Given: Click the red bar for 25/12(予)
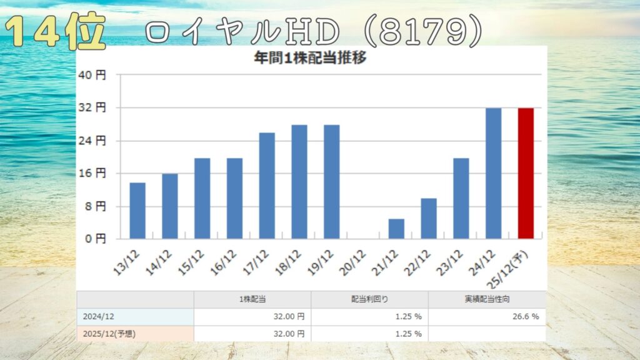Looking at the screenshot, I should coord(526,173).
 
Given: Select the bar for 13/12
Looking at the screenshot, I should coord(137,211).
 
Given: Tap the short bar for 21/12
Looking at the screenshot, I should coord(396,228).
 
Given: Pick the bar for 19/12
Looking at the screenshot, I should coord(331,181).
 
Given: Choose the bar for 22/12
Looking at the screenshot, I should coord(429,218).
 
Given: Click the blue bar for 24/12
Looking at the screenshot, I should coord(493,173).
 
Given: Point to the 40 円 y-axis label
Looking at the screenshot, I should coord(92,75).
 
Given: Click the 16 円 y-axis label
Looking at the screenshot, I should coord(92,173).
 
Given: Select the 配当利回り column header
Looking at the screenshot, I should coord(369,300).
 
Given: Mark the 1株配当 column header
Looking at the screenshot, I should coord(252,300).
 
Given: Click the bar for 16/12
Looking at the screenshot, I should coord(234,198).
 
